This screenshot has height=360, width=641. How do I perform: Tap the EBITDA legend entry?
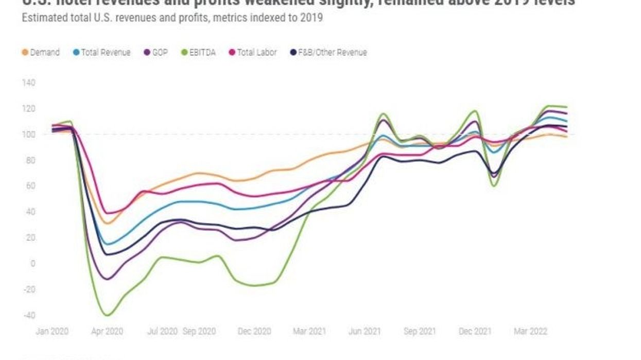200,53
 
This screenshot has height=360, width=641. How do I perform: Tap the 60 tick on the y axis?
29,186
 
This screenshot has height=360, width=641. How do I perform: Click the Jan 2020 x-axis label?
51,332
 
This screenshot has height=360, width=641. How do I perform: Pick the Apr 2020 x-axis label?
108,332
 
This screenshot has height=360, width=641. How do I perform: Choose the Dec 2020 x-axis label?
254,332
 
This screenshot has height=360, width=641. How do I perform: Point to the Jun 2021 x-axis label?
365,332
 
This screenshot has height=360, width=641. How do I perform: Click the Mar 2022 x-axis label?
530,332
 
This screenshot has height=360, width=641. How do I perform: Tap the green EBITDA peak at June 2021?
383,114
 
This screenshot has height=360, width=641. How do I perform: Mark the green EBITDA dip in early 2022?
495,185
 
